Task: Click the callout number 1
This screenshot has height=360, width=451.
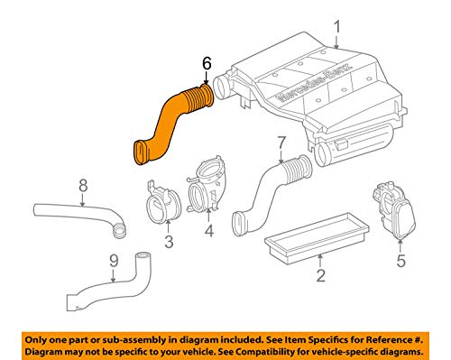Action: (x=337, y=27)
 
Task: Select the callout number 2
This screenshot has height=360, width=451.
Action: (x=320, y=275)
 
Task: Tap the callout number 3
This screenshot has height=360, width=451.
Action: (x=169, y=241)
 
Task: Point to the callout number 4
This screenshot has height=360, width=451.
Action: (x=209, y=231)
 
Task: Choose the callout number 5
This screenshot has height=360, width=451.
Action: (x=401, y=260)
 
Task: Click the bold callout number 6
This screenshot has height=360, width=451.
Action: (x=207, y=63)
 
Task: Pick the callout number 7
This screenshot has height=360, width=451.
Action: (x=281, y=143)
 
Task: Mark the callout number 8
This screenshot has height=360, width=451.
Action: (x=83, y=186)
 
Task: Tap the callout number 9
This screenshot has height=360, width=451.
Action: (x=114, y=261)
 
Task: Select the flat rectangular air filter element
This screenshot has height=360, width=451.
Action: (x=317, y=237)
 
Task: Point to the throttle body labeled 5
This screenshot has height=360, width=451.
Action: (x=394, y=210)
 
